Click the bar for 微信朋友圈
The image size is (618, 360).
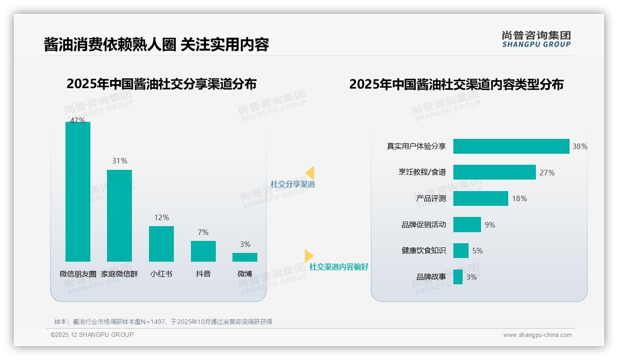pyautogui.click(x=78, y=192)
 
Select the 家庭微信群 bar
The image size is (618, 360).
pyautogui.click(x=119, y=216)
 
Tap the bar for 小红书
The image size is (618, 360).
pyautogui.click(x=161, y=244)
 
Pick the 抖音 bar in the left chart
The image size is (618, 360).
pyautogui.click(x=203, y=251)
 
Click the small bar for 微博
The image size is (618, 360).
pyautogui.click(x=245, y=257)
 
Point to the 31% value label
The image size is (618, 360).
pyautogui.click(x=119, y=161)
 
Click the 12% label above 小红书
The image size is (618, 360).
pyautogui.click(x=161, y=217)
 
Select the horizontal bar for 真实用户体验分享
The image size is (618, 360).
pyautogui.click(x=511, y=146)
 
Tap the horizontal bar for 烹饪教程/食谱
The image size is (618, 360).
pyautogui.click(x=494, y=172)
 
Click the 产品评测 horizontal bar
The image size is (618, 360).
pyautogui.click(x=481, y=198)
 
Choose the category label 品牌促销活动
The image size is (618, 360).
pyautogui.click(x=424, y=225)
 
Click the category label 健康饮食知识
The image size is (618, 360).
pyautogui.click(x=424, y=251)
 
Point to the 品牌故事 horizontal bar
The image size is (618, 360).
pyautogui.click(x=458, y=277)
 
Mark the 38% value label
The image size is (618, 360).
pyautogui.click(x=580, y=146)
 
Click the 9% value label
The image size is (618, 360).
pyautogui.click(x=490, y=225)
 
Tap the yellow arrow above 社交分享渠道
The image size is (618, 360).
pyautogui.click(x=310, y=173)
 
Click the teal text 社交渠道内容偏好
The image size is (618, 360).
pyautogui.click(x=339, y=267)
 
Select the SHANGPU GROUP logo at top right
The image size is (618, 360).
pyautogui.click(x=536, y=39)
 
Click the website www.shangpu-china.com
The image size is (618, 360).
pyautogui.click(x=537, y=335)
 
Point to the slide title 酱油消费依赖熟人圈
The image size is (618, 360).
pyautogui.click(x=109, y=44)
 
